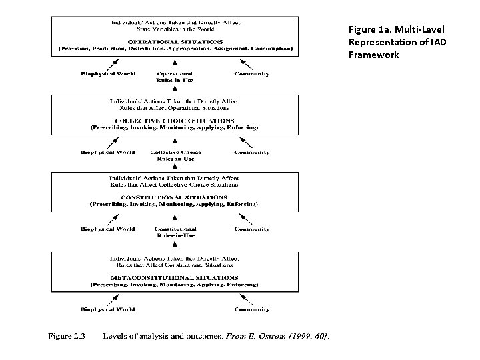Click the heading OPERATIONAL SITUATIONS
pos(175,41)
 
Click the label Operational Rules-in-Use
pos(175,77)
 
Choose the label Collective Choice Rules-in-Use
pos(175,155)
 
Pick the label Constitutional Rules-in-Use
pos(175,233)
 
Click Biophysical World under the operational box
pos(107,74)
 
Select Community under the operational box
pos(252,74)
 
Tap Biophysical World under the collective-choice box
pos(107,153)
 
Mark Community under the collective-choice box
pos(252,153)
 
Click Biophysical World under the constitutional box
pos(107,230)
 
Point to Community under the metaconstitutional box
pos(252,309)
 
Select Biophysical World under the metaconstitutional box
pos(107,309)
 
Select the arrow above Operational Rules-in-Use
pos(175,62)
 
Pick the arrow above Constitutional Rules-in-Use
pos(175,218)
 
